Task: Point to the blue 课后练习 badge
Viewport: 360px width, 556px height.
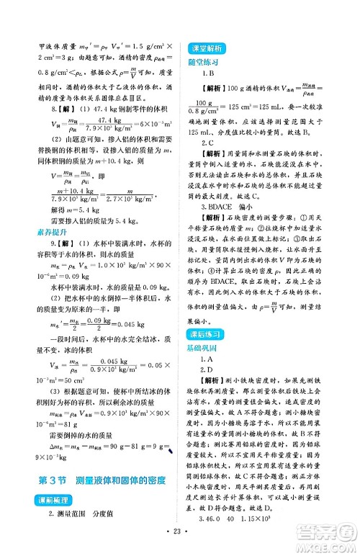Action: click(210, 334)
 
